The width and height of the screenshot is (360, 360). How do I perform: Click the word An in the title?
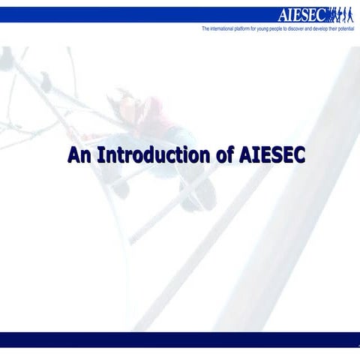click(x=78, y=156)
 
